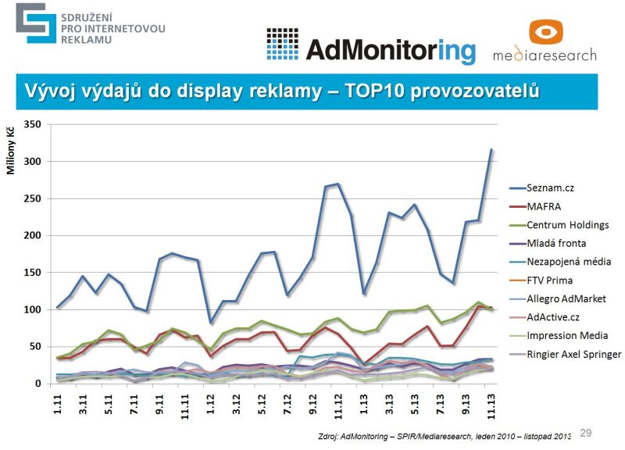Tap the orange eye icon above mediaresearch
[546, 32]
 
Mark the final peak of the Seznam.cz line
[491, 149]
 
